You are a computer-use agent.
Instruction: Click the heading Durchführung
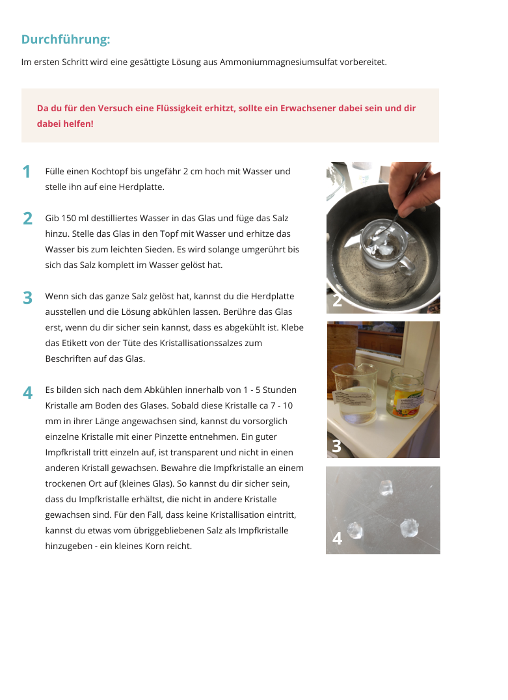click(66, 39)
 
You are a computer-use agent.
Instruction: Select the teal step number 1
click(26, 172)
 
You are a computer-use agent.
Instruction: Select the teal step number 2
click(27, 219)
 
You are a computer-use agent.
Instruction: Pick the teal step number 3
click(27, 298)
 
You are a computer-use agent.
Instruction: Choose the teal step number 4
click(27, 393)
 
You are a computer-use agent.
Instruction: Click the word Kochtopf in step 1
click(113, 172)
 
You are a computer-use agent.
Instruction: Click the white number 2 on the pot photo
click(337, 301)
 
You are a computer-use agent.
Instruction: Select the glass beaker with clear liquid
click(354, 394)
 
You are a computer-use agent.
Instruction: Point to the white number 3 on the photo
click(336, 446)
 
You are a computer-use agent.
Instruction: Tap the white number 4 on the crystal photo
click(337, 539)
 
